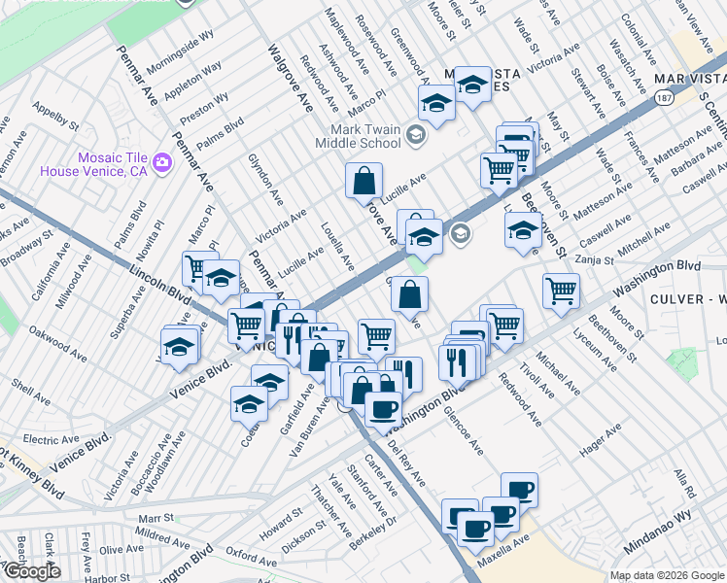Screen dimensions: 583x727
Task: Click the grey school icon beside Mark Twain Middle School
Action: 416,135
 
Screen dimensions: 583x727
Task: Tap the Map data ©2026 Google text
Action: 667,575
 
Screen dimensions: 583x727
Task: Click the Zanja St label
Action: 594,260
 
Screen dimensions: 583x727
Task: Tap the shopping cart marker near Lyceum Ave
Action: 561,289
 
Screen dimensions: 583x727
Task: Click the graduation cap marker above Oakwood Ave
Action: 180,345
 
